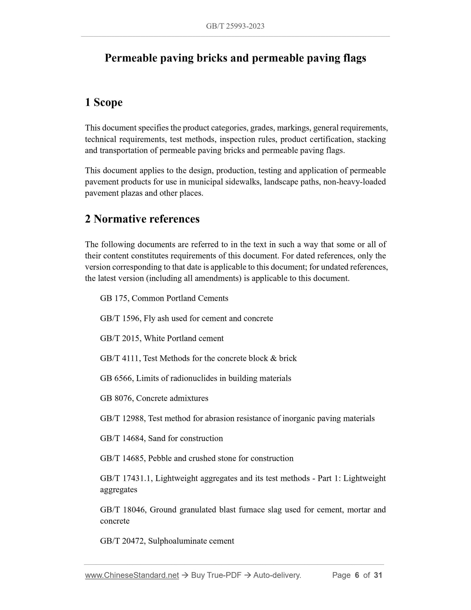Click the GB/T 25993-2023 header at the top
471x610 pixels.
(x=235, y=26)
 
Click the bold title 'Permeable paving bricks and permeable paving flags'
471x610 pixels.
(x=235, y=58)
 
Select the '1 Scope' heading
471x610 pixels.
(x=104, y=102)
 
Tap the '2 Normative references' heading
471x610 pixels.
(x=142, y=219)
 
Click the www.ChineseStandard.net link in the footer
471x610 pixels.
(x=132, y=575)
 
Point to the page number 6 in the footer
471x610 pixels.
(x=357, y=575)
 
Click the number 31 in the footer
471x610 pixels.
(x=378, y=575)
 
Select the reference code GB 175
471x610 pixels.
(x=114, y=298)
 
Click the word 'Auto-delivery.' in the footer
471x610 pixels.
(x=277, y=575)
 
